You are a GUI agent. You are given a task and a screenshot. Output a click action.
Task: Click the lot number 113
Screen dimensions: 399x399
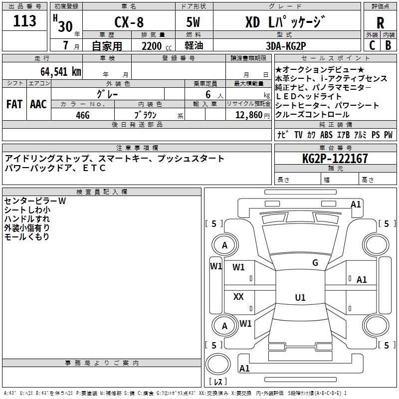tap(25, 21)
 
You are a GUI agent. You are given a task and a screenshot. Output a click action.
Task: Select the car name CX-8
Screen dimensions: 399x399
tap(129, 23)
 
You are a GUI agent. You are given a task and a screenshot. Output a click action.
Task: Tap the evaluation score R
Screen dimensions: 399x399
tap(381, 23)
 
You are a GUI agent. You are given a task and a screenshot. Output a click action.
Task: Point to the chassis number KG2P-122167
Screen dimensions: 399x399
tap(335, 159)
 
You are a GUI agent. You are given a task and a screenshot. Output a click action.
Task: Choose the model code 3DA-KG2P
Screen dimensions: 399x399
tap(285, 46)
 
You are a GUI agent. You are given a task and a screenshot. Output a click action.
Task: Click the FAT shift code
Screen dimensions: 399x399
tap(14, 104)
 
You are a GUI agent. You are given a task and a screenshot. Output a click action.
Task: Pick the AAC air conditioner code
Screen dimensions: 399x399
tap(38, 104)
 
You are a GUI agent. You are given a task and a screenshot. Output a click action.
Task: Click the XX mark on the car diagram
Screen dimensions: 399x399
tap(238, 297)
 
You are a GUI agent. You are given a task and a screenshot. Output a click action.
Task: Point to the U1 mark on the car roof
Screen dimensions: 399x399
tap(300, 298)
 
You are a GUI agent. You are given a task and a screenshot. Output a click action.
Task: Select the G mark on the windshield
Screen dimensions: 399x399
tap(315, 263)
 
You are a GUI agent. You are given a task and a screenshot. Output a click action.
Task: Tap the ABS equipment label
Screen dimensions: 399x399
tap(326, 135)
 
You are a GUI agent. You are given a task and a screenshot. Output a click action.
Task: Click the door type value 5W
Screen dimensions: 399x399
tap(194, 23)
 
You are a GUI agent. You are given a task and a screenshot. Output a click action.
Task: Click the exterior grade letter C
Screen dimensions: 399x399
tap(372, 45)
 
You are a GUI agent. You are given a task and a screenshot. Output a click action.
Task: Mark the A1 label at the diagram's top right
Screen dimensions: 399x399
tap(356, 204)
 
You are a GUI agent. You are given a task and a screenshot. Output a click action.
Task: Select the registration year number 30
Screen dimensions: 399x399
tap(65, 26)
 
